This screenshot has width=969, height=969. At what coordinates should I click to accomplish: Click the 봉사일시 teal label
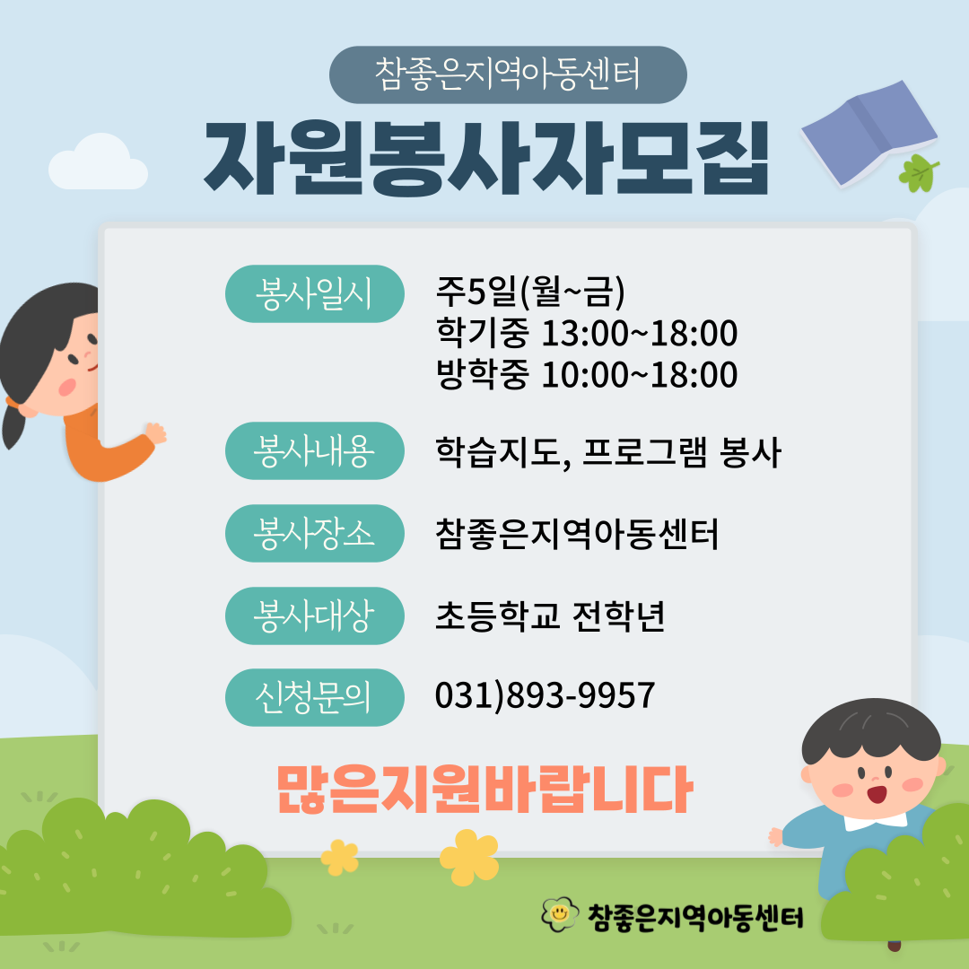[x=315, y=293]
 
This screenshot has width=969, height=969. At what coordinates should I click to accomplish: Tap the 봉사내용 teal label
[x=315, y=450]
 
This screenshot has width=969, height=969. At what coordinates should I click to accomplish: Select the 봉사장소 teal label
[x=315, y=533]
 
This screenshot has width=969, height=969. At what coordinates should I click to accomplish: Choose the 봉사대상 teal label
[x=315, y=615]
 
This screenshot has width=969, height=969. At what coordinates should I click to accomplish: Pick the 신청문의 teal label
[x=315, y=697]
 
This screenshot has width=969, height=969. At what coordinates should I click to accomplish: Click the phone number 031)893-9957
[x=545, y=695]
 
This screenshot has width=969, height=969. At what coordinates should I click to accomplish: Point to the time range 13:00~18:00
[x=640, y=333]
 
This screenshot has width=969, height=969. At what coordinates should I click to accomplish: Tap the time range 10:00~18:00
[x=640, y=374]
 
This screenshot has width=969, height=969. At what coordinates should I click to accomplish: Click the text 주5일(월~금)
[x=530, y=292]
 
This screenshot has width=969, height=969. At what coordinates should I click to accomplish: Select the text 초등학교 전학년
[x=550, y=615]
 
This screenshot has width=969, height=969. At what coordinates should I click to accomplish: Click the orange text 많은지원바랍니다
[x=484, y=790]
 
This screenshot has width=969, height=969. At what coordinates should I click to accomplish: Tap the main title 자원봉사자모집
[x=485, y=158]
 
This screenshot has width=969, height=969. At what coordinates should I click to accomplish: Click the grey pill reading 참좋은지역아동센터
[x=508, y=74]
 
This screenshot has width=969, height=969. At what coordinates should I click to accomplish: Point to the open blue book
[x=869, y=133]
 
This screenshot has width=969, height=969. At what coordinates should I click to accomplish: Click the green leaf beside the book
[x=919, y=172]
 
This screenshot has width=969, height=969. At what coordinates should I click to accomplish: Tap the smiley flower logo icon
[x=560, y=914]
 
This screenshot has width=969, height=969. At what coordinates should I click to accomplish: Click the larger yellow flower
[x=469, y=857]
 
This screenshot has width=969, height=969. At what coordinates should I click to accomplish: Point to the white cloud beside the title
[x=99, y=161]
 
